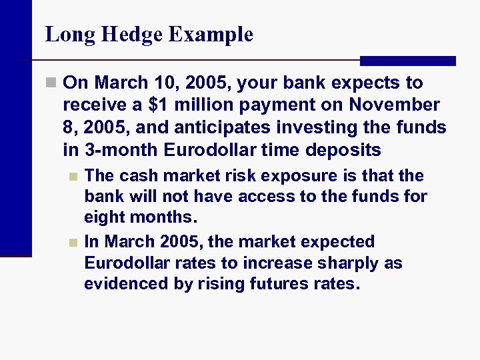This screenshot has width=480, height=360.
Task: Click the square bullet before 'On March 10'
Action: pos(51,83)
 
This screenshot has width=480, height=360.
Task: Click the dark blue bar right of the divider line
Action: pos(407,61)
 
